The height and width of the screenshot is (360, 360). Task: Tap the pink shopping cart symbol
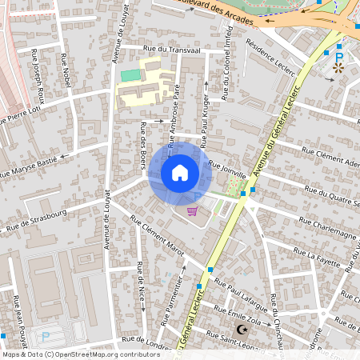(192, 211)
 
